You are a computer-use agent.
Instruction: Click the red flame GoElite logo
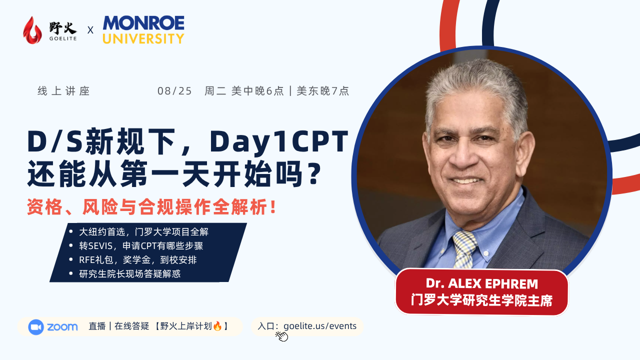click(32, 30)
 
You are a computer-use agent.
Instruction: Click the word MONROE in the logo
click(143, 23)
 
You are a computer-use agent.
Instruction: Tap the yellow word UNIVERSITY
click(143, 38)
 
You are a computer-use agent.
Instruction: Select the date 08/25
click(174, 91)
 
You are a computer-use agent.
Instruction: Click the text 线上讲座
click(63, 91)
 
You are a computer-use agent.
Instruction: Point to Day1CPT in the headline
click(279, 142)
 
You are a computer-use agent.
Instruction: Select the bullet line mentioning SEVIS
click(141, 245)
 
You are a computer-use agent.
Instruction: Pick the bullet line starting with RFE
click(137, 259)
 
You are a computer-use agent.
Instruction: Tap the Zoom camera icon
click(35, 327)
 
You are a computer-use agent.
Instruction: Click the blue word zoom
click(62, 327)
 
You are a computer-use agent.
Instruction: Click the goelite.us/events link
click(320, 326)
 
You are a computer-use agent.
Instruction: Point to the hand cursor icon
click(281, 336)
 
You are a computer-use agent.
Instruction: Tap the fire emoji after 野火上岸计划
click(217, 325)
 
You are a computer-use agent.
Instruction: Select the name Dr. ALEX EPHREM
click(481, 283)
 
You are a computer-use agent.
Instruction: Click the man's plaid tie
click(464, 249)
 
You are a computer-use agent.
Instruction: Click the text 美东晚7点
click(323, 91)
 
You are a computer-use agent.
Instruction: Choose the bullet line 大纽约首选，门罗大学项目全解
click(143, 231)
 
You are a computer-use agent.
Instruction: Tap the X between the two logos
click(90, 30)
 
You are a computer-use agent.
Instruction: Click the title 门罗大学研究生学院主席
click(481, 300)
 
